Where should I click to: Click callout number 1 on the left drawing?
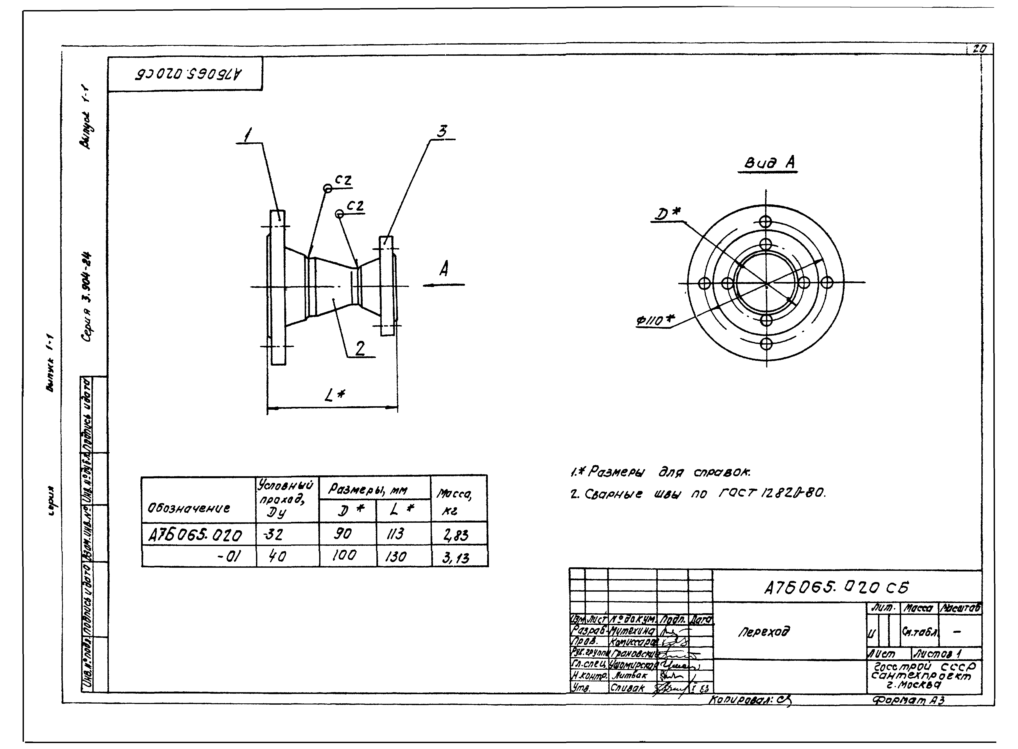247,135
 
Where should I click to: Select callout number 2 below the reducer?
360,348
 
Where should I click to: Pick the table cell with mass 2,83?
456,535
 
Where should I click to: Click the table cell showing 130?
396,556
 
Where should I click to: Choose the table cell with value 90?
343,534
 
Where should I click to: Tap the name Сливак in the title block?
628,688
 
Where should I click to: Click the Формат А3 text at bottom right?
908,700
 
